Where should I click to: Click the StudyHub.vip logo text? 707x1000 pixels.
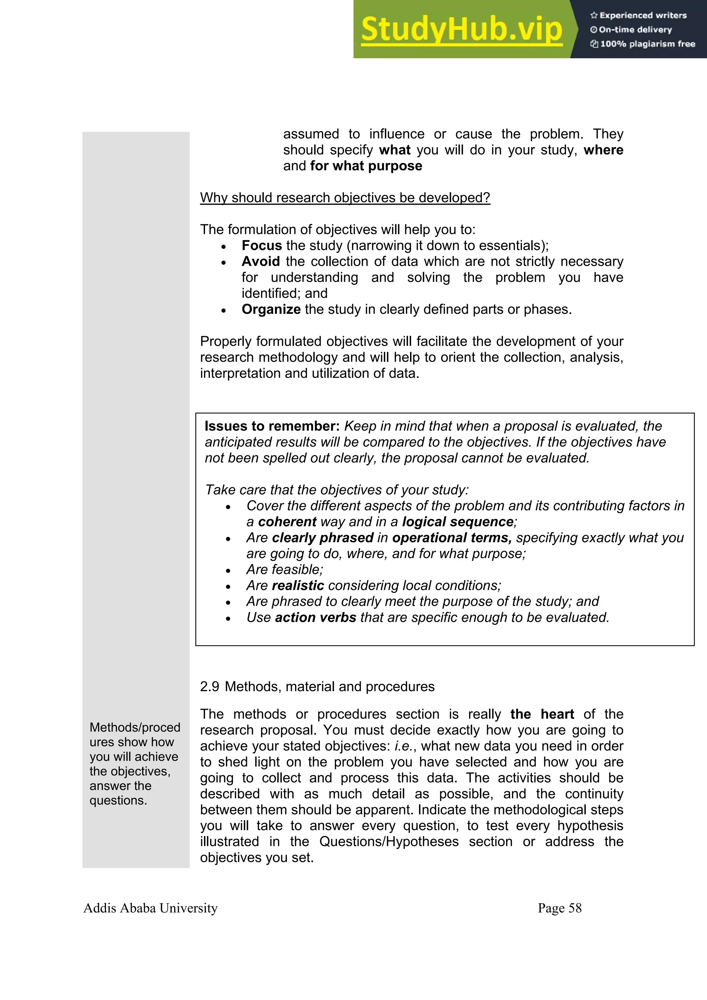(x=461, y=30)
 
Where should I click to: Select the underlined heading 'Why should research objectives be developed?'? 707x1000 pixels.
(x=345, y=198)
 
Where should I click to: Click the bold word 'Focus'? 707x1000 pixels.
(x=262, y=246)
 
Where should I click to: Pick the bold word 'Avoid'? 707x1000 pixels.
(x=261, y=261)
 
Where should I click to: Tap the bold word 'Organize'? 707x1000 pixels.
(x=271, y=309)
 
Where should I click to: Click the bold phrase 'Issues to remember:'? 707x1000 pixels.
(x=272, y=426)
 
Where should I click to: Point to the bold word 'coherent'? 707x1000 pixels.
(x=287, y=522)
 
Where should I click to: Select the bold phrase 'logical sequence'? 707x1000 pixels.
(x=458, y=522)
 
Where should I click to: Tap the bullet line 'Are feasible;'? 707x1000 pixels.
(x=284, y=570)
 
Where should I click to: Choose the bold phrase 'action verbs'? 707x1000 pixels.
(x=316, y=618)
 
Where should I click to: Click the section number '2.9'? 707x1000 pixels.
(x=210, y=687)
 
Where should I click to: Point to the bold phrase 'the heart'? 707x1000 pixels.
(x=542, y=714)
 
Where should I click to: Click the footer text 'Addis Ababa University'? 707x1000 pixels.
(x=150, y=908)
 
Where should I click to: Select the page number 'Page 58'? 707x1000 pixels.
(x=559, y=908)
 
